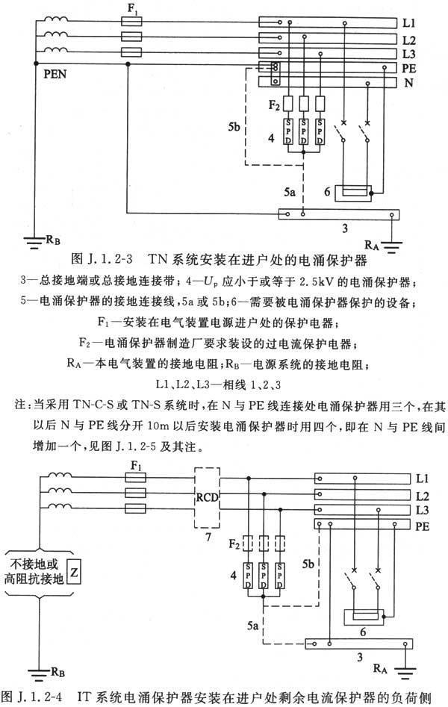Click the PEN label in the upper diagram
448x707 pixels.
point(55,74)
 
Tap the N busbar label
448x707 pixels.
point(408,83)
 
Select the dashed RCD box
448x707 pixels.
point(207,497)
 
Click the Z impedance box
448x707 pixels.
point(73,573)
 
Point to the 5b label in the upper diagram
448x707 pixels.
point(234,127)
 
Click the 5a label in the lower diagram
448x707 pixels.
point(252,626)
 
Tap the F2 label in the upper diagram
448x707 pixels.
point(274,105)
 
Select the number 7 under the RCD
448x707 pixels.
point(208,537)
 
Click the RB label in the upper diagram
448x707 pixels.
point(53,240)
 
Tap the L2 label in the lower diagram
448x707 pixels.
point(423,496)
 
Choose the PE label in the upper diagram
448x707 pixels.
point(408,69)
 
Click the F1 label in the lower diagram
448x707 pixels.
point(136,466)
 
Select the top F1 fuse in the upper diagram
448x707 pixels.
point(131,21)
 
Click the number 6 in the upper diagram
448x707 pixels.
point(327,192)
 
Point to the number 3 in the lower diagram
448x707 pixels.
point(360,657)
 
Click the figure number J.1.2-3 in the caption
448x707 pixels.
point(108,259)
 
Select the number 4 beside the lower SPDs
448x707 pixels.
point(233,575)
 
